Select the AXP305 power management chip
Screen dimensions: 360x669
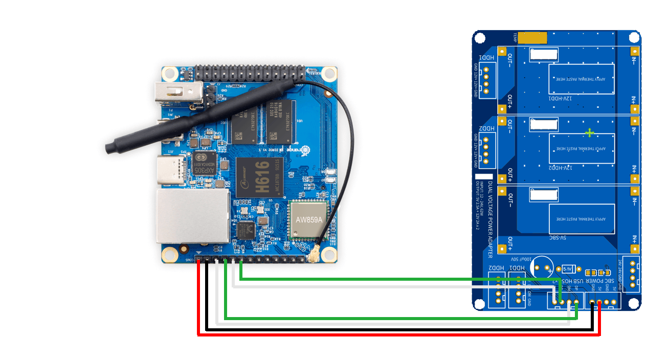[x=201, y=164]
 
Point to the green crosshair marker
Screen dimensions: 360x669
[x=590, y=133]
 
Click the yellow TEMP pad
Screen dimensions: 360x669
[x=532, y=38]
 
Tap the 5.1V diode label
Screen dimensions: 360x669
[x=568, y=269]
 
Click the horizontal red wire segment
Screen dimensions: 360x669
[x=399, y=335]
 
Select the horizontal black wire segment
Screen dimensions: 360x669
[x=399, y=329]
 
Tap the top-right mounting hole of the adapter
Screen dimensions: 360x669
[x=634, y=37]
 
